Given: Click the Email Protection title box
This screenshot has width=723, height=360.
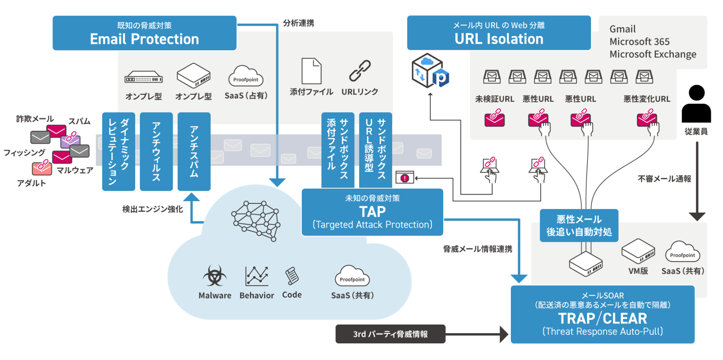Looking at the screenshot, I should coord(145,33).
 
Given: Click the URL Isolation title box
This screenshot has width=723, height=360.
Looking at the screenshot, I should coord(499,33).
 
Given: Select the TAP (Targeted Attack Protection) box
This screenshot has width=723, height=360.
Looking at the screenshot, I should coord(372,212).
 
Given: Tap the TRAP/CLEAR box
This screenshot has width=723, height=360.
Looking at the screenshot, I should coord(603,315).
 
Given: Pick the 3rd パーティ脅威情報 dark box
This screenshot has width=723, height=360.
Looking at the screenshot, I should coord(390,334).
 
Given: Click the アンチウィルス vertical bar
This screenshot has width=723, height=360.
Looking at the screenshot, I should coord(156,151).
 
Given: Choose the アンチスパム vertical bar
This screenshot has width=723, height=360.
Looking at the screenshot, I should coord(194,151).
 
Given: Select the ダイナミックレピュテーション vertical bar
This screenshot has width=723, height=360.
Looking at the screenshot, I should coord(119,151).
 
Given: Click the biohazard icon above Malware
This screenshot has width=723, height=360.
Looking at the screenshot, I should coord(215,276).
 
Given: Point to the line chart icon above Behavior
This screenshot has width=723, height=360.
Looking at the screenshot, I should coord(257,276).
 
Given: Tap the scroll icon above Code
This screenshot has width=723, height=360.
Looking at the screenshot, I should coord(292,276).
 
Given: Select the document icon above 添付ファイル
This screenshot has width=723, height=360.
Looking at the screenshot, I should coord(312,71).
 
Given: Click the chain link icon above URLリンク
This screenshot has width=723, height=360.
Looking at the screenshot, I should coord(360,70).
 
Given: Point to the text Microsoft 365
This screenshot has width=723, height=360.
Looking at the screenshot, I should coord(639,42).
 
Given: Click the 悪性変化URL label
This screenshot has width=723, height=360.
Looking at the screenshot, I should coord(647,99).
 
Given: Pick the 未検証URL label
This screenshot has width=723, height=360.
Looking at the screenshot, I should coord(495,99).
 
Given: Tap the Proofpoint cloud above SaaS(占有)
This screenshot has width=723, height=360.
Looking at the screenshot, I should coord(246,76).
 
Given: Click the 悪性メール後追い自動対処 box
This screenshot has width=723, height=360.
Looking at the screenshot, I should coord(579,226).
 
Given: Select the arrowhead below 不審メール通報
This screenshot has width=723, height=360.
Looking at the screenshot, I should coord(697,217).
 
